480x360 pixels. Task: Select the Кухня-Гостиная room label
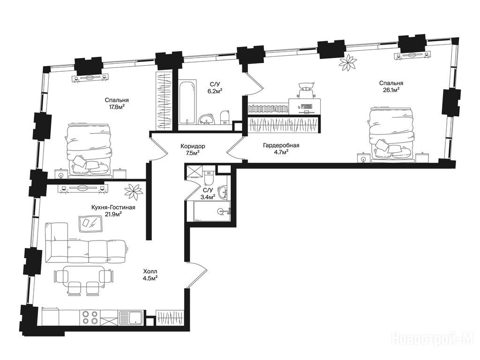[113, 208]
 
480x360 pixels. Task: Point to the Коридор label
[193, 146]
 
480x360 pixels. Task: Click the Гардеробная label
[281, 145]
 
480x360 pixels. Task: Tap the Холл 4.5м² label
[150, 275]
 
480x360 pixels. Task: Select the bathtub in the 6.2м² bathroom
[187, 102]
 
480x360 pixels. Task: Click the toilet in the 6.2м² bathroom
[225, 118]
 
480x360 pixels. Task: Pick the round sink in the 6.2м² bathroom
[207, 120]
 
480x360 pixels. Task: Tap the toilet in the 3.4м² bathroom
[209, 178]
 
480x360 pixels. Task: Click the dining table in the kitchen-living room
[82, 274]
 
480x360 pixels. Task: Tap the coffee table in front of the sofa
[90, 224]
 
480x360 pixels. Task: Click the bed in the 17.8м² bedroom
[88, 150]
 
